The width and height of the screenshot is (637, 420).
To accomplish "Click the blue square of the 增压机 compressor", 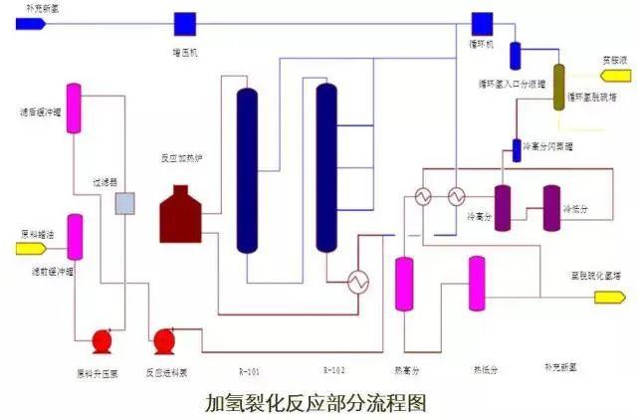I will click(x=184, y=22).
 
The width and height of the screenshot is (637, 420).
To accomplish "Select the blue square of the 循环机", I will click(x=483, y=22).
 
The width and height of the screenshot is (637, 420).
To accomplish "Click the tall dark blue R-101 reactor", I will click(x=247, y=169).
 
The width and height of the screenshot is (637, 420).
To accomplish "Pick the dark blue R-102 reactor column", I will click(x=326, y=167).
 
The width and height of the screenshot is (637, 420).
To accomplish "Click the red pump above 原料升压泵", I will click(x=102, y=341).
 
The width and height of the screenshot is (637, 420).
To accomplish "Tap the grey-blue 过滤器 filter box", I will click(x=125, y=204).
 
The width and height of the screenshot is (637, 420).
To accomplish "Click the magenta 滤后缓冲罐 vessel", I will click(x=75, y=111).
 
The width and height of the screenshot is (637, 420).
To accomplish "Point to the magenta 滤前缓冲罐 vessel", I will click(x=75, y=238).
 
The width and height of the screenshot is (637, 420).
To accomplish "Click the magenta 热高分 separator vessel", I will click(x=404, y=283).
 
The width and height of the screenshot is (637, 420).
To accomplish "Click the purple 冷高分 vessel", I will click(x=503, y=207).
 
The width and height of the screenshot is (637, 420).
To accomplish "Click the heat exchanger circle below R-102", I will click(x=357, y=283).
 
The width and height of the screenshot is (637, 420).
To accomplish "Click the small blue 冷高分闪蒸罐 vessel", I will click(x=517, y=148).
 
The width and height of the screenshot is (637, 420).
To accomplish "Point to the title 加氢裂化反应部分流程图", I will click(x=315, y=402).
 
